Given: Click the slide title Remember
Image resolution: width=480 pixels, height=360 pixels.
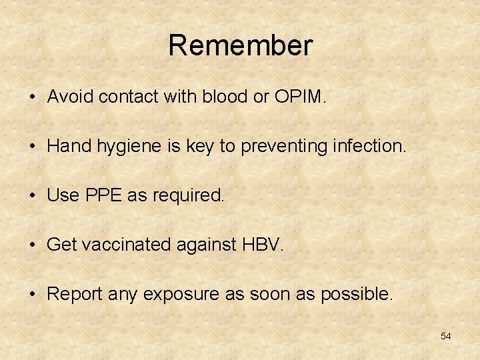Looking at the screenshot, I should (240, 46).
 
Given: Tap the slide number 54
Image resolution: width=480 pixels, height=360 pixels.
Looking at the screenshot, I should (445, 336).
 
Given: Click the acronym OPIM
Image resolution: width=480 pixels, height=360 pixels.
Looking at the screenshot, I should (299, 97).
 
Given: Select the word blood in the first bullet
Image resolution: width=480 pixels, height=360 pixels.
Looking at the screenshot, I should (225, 97).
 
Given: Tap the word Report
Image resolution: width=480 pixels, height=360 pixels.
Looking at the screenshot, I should (71, 294).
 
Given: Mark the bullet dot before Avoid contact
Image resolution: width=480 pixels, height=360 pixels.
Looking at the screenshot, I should (33, 97).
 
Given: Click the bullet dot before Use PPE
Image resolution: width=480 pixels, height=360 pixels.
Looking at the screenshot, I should (33, 196).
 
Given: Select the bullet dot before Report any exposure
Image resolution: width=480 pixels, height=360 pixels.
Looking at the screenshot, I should (33, 295).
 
